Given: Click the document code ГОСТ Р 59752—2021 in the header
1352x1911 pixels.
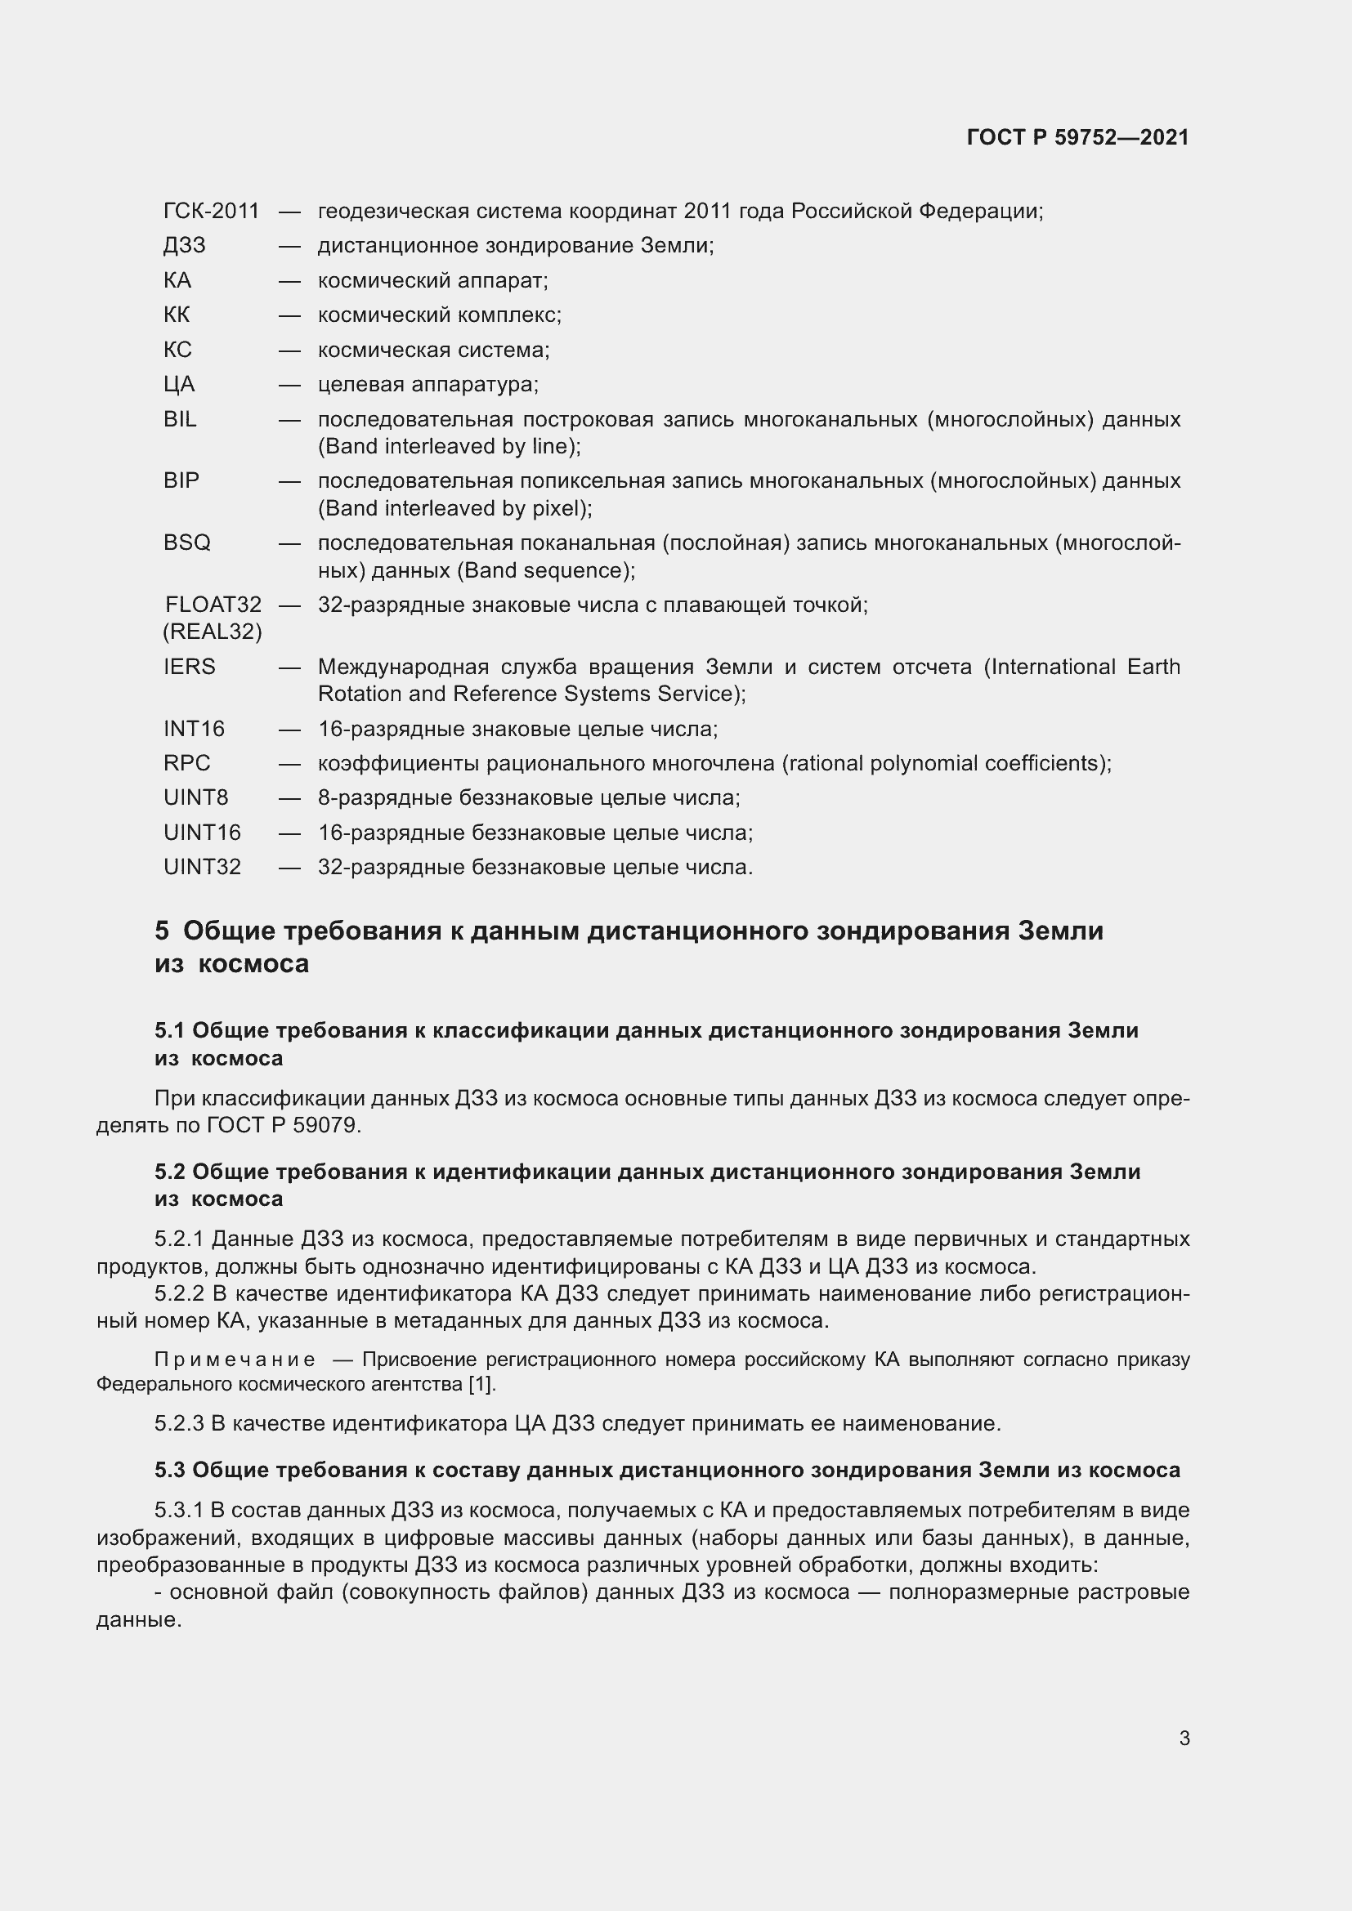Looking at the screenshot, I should pyautogui.click(x=1077, y=137).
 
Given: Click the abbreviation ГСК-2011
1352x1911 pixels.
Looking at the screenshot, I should pyautogui.click(x=212, y=212).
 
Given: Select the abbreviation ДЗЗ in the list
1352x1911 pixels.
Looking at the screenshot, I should pyautogui.click(x=185, y=246).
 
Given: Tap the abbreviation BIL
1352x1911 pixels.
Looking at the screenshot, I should pyautogui.click(x=180, y=418).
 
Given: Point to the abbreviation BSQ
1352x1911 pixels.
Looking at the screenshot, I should pyautogui.click(x=186, y=542).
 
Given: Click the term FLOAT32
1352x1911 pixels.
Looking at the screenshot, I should pyautogui.click(x=213, y=605).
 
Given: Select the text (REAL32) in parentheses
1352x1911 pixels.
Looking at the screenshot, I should pyautogui.click(x=213, y=632).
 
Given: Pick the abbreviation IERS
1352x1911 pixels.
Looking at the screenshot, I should pyautogui.click(x=189, y=667).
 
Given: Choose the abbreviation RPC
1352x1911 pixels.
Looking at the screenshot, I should pyautogui.click(x=186, y=763).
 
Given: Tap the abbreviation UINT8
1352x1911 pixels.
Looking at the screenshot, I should pyautogui.click(x=195, y=797).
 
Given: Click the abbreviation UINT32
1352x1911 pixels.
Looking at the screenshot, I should pyautogui.click(x=202, y=868).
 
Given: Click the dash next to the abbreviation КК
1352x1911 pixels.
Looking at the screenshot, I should pyautogui.click(x=289, y=315).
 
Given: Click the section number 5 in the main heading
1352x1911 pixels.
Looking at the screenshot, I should pyautogui.click(x=162, y=931).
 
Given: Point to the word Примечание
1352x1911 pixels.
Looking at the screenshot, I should pyautogui.click(x=235, y=1360).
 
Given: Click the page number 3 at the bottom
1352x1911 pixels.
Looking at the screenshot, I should pyautogui.click(x=1184, y=1738).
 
